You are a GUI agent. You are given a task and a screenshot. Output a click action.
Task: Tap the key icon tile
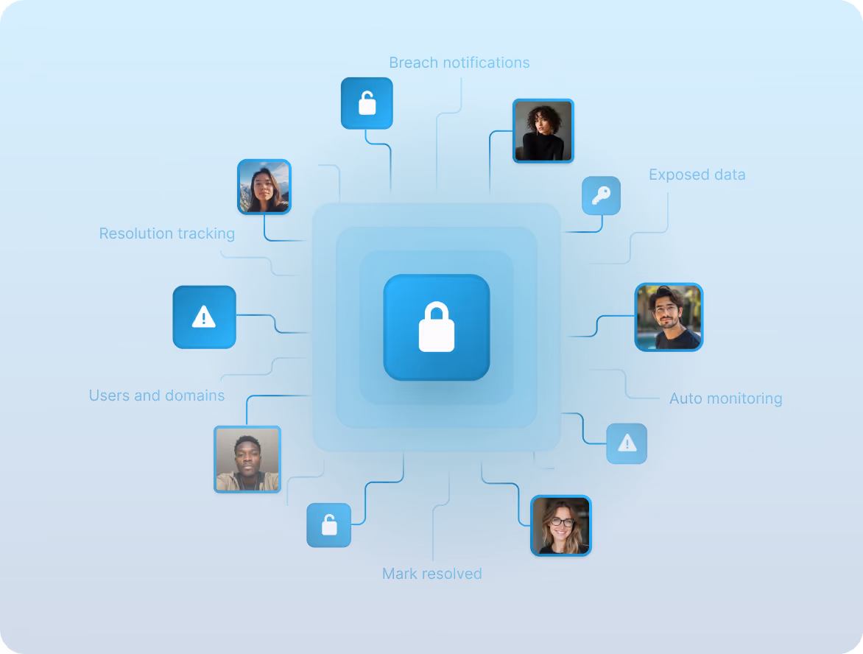click(601, 196)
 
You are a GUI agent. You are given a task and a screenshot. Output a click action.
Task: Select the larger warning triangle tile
click(204, 317)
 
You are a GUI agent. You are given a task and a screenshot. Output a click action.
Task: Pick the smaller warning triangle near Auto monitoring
click(627, 443)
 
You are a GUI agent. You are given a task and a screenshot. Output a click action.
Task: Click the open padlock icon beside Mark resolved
click(329, 525)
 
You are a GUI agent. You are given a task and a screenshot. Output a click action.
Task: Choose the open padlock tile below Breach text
click(367, 103)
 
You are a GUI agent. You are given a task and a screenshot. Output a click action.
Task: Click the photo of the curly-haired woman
click(543, 131)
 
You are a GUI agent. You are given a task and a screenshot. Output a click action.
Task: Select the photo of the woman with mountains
click(264, 187)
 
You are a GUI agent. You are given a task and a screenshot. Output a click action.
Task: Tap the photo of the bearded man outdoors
click(669, 317)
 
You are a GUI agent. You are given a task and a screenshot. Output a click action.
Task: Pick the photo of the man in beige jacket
click(247, 460)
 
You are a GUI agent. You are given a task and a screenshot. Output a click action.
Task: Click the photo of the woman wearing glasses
click(561, 525)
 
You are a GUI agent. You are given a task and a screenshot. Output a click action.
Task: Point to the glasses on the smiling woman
click(561, 522)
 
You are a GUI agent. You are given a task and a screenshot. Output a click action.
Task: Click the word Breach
click(413, 63)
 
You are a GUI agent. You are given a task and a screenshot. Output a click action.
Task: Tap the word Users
click(109, 395)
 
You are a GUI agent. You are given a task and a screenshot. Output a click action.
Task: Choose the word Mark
click(398, 573)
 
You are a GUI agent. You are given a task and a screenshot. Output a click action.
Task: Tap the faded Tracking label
click(206, 233)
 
